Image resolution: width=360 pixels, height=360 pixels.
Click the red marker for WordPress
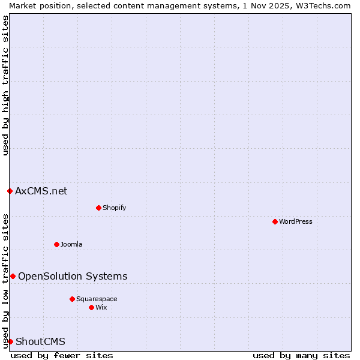275,221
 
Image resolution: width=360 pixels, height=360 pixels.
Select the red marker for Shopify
98,208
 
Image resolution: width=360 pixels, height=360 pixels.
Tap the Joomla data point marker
56,244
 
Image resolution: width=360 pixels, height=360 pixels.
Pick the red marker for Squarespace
72,299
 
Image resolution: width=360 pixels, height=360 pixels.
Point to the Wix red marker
91,307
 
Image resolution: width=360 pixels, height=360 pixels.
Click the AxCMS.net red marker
10,191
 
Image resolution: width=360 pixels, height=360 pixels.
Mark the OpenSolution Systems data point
13,276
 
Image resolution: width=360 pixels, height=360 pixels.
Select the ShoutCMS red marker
10,341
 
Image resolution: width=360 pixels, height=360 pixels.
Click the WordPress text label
296,221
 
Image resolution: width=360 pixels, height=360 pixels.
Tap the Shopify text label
115,208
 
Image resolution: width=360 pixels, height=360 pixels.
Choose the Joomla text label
71,244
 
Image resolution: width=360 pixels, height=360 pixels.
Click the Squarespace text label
97,299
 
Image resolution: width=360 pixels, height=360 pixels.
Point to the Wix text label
101,307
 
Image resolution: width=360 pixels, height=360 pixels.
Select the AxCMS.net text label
41,191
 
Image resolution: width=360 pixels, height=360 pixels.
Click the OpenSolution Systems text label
73,276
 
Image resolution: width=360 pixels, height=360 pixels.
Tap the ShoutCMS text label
40,341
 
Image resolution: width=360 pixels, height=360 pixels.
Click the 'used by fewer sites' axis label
62,355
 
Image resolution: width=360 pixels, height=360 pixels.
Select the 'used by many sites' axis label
301,355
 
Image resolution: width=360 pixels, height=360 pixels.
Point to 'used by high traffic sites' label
5,85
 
